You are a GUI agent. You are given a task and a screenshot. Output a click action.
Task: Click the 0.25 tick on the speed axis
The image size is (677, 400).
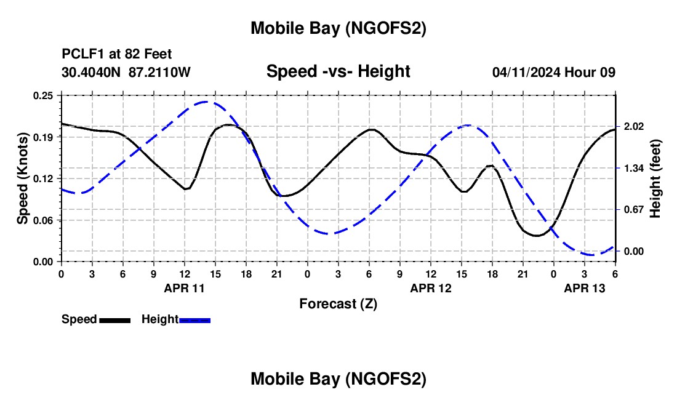point(44,95)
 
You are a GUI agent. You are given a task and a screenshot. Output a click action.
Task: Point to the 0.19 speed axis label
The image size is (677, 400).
point(44,137)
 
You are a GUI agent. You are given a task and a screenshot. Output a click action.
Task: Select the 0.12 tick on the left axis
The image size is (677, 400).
point(44,178)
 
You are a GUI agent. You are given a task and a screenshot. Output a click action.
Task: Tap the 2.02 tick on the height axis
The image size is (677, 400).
point(633,127)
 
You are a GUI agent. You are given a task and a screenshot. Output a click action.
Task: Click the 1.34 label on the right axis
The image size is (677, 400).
point(633,168)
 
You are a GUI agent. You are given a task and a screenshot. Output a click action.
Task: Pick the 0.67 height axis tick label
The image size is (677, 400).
point(633,210)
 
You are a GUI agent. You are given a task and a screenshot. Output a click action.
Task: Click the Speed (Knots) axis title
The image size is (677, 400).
point(23,178)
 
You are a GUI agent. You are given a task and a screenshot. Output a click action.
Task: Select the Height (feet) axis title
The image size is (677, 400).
point(655,178)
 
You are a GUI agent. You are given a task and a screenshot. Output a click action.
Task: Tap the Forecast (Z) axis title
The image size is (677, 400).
point(338,303)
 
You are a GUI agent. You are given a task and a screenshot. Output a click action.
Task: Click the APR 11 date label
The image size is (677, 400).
point(184,287)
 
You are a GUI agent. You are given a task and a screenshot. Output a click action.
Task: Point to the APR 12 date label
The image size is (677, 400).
point(430,287)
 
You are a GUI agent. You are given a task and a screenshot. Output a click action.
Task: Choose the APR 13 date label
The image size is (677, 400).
point(584,287)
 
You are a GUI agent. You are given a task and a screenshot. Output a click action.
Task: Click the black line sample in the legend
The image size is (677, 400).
point(114,320)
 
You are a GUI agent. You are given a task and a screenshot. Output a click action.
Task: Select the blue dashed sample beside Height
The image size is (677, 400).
point(194,320)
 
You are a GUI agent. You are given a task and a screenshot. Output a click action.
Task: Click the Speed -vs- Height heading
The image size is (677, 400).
point(338,72)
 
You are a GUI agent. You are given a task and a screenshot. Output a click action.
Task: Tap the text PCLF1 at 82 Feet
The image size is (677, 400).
point(117,54)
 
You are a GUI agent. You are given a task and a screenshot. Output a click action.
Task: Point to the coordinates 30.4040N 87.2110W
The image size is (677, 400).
point(126,72)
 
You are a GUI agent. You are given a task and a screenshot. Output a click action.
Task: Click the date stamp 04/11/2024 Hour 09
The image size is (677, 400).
point(554,72)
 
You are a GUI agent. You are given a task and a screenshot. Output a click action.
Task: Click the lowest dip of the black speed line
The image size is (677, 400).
point(537,236)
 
